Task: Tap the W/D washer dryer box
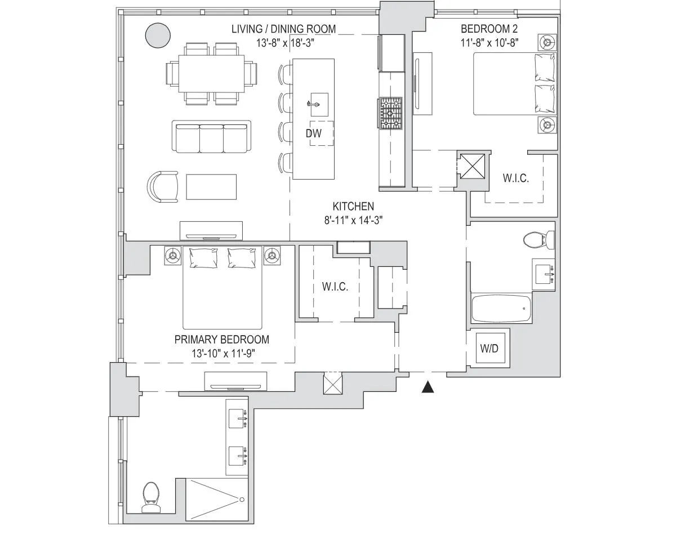click(x=489, y=349)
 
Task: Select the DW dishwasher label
click(x=313, y=133)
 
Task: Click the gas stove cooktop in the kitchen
click(x=390, y=113)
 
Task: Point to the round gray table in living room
click(x=158, y=35)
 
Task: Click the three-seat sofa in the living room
click(x=212, y=137)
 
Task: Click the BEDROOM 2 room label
click(x=489, y=29)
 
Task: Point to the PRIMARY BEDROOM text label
click(x=221, y=340)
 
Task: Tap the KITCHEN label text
click(x=353, y=207)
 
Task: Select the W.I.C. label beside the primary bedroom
click(x=335, y=287)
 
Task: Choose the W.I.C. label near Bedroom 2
click(x=515, y=179)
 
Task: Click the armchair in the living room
click(x=163, y=186)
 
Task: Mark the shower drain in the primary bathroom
click(x=242, y=500)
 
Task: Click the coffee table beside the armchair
click(x=211, y=187)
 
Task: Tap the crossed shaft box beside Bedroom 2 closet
click(x=471, y=165)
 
